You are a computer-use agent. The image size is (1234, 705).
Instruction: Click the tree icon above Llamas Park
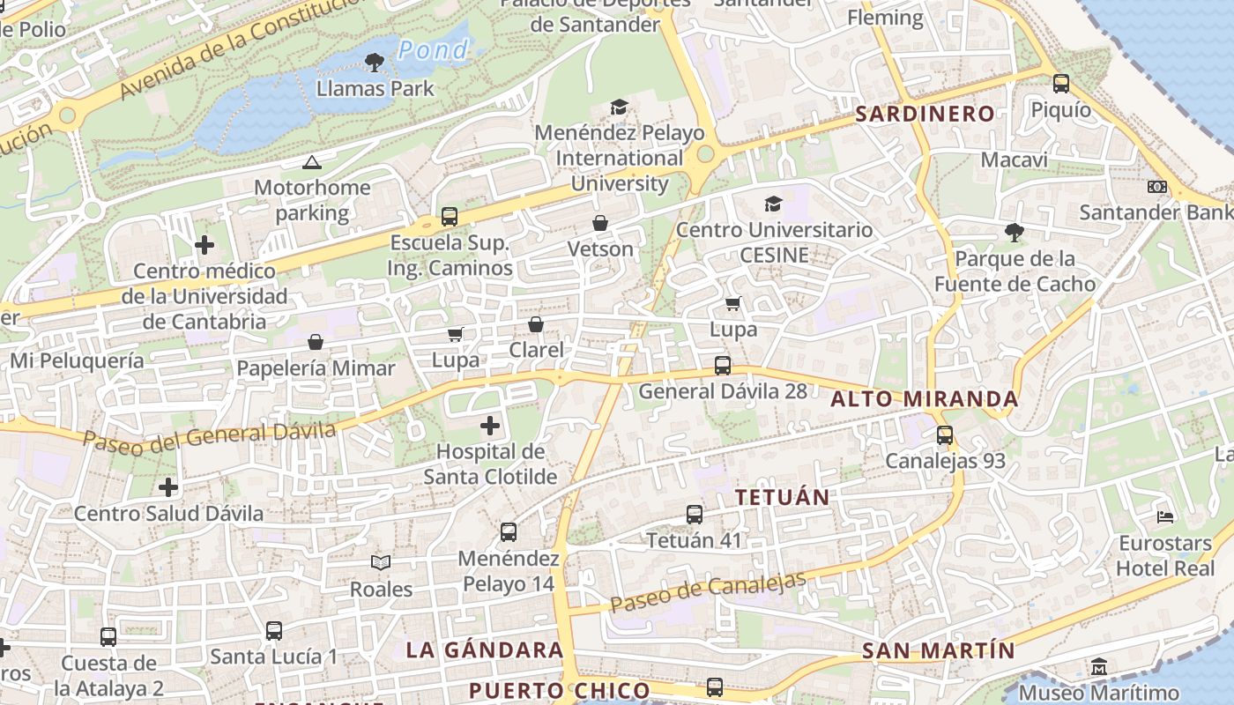pyautogui.click(x=375, y=62)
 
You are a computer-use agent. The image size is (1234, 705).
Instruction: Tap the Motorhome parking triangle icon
pyautogui.click(x=311, y=162)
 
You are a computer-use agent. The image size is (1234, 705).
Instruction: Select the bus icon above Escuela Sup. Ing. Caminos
pyautogui.click(x=450, y=216)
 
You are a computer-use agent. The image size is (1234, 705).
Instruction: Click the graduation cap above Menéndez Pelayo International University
pyautogui.click(x=620, y=108)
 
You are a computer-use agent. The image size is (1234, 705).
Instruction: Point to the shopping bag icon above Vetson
pyautogui.click(x=600, y=223)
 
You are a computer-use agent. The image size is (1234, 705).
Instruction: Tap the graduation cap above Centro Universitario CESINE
pyautogui.click(x=773, y=204)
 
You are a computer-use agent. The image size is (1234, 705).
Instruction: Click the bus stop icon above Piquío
pyautogui.click(x=1061, y=84)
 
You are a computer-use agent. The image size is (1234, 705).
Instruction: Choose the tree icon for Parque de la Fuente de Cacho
pyautogui.click(x=1015, y=233)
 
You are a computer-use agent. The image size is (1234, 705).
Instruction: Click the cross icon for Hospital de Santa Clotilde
pyautogui.click(x=490, y=427)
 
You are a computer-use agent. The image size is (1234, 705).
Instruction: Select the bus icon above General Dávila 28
pyautogui.click(x=723, y=365)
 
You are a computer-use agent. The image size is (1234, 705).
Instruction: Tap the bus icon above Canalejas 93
pyautogui.click(x=945, y=434)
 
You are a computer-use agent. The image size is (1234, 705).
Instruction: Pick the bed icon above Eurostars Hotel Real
pyautogui.click(x=1165, y=516)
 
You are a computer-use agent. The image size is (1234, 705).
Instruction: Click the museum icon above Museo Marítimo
pyautogui.click(x=1099, y=667)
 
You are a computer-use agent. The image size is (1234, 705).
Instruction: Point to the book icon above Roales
pyautogui.click(x=381, y=562)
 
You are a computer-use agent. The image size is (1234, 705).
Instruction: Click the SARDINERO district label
pyautogui.click(x=925, y=114)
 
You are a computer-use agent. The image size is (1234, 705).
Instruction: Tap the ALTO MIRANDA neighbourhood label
pyautogui.click(x=925, y=399)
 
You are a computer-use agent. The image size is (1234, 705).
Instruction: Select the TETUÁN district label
pyautogui.click(x=783, y=497)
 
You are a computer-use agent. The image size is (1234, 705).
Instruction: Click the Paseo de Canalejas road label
pyautogui.click(x=708, y=592)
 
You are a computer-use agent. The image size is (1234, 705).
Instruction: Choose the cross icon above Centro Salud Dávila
pyautogui.click(x=168, y=486)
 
